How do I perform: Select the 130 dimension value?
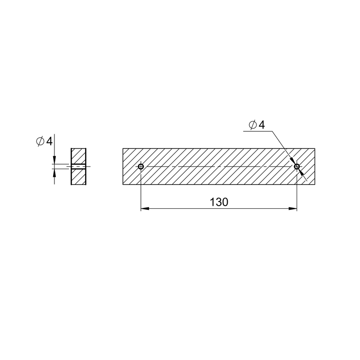(219, 202)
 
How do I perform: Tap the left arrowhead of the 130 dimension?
(145, 208)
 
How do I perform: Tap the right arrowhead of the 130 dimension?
(293, 208)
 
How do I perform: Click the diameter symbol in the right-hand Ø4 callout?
(253, 125)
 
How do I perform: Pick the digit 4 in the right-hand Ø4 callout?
(262, 125)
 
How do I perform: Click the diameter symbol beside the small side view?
(40, 141)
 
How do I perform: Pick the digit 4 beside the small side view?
(49, 141)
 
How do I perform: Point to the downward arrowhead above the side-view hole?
(54, 160)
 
